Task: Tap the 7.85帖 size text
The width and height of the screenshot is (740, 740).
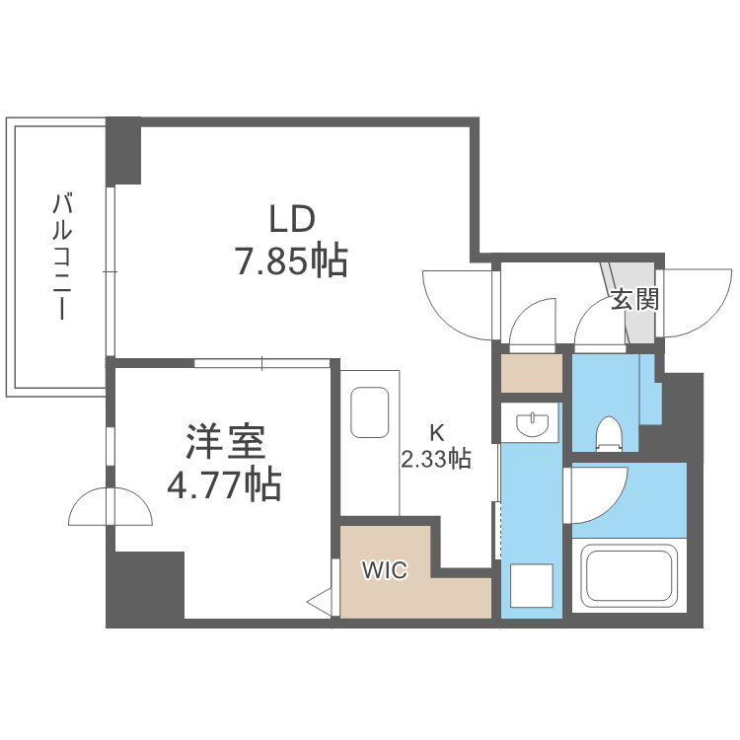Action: pos(289,260)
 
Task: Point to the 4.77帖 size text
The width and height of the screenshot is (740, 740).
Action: pos(224,485)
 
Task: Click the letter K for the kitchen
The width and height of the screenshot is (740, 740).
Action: pos(435,431)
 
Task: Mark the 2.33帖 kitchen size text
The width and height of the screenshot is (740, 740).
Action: pos(434,458)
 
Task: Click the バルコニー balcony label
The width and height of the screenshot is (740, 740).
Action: pos(64,257)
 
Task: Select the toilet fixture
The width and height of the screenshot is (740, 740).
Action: pos(609,432)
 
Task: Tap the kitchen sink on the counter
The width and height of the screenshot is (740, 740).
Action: pos(370,411)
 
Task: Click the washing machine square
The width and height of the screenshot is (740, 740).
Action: pos(531,584)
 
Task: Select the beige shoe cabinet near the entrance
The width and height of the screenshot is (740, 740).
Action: pos(531,372)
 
